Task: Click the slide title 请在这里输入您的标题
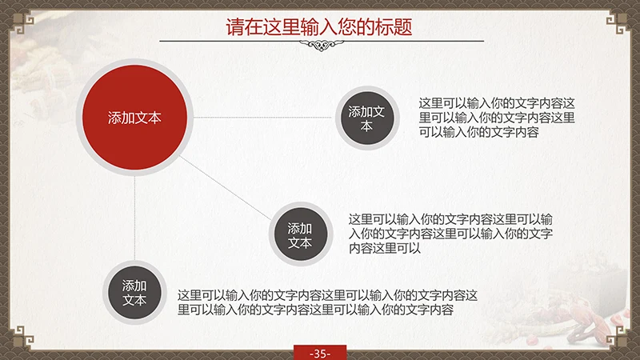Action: tap(319, 26)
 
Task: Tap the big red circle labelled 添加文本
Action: tap(134, 118)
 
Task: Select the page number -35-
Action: tap(319, 353)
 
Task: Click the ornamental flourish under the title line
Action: tap(319, 46)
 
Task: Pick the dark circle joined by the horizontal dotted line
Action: tap(366, 118)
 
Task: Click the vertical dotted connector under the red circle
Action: tap(134, 216)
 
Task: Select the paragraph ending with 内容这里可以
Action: tap(450, 234)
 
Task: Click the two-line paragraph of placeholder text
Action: tap(328, 302)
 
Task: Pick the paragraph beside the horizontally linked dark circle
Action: tap(497, 118)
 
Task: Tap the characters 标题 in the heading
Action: tap(394, 26)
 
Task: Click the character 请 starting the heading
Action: tap(234, 26)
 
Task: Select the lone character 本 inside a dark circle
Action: tap(366, 126)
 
